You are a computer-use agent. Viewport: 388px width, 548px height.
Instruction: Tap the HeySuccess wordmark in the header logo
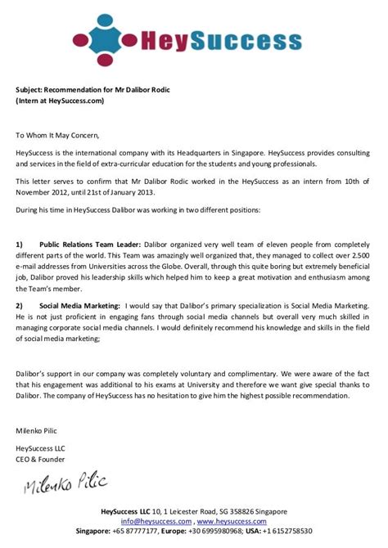coord(219,40)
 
